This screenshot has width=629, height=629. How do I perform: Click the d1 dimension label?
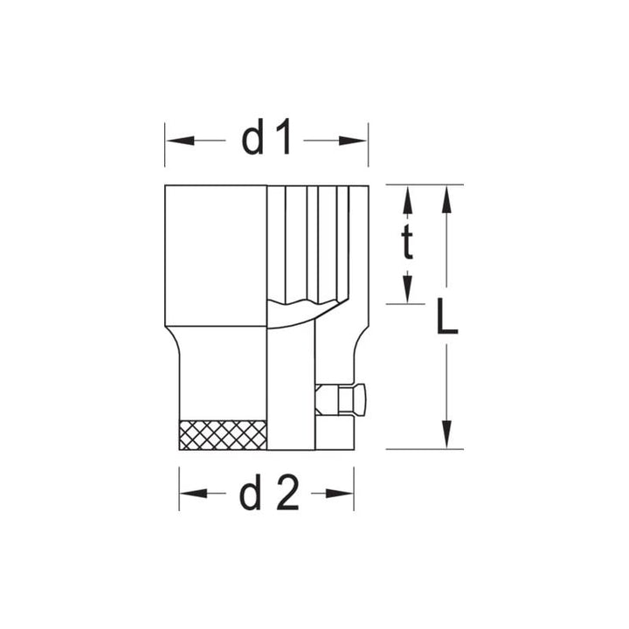[266, 140]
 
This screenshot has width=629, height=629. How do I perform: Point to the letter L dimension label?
[446, 319]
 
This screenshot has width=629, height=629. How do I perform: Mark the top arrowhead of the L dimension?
[446, 199]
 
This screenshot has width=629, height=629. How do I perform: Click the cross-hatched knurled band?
[222, 434]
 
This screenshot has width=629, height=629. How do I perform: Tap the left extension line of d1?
[165, 144]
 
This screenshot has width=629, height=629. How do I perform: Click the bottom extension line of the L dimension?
[424, 449]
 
